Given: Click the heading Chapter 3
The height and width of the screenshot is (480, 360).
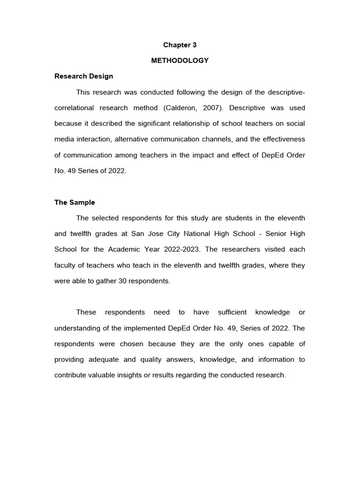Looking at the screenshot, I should coord(180,45).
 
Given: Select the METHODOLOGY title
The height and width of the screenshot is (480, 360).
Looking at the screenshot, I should coord(180,60).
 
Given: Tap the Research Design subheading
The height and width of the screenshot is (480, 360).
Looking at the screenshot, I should coord(83,76).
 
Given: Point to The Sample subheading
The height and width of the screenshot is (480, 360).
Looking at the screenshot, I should coord(75,202).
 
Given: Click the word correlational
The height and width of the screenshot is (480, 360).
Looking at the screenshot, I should coord(73,108).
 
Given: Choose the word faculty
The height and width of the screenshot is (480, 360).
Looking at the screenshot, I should coord(65,265).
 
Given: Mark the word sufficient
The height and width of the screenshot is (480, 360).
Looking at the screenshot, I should coord(225,312).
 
